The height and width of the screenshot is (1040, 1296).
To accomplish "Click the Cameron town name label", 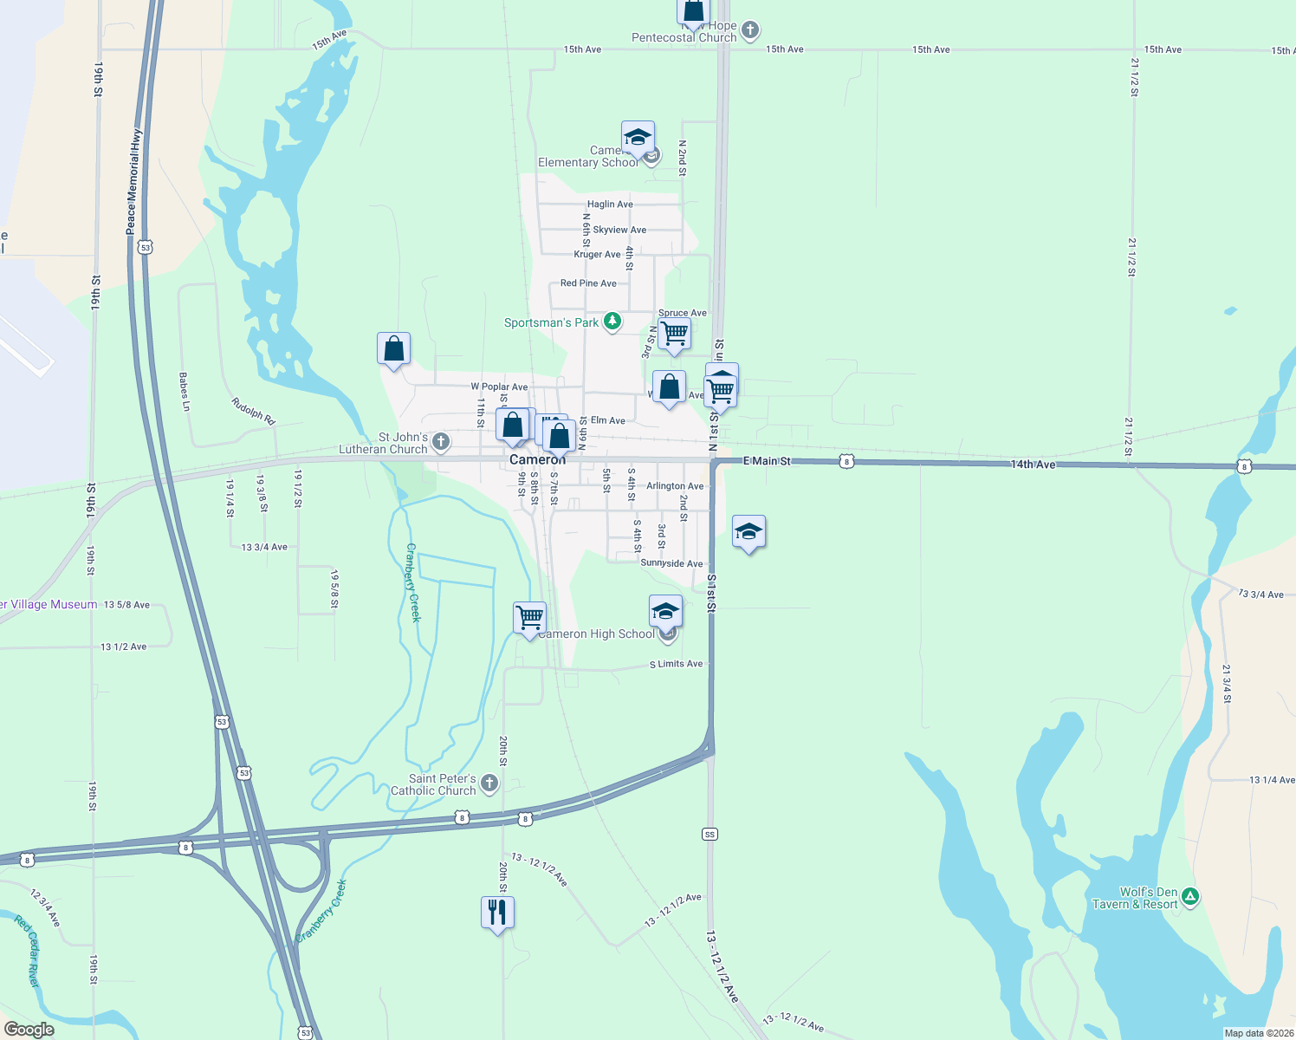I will tap(537, 459).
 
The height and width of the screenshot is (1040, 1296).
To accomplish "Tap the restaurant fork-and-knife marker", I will tap(497, 913).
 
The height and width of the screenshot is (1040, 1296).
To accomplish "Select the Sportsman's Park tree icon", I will tap(612, 322).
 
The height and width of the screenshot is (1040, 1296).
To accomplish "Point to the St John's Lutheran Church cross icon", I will tap(441, 443).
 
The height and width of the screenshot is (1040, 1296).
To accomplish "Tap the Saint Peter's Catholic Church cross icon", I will tap(489, 784).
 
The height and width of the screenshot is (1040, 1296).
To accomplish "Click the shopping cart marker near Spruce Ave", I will tap(674, 333).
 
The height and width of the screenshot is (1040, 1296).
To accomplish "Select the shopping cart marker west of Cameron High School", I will tap(529, 618).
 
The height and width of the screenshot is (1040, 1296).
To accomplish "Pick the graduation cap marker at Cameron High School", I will tap(664, 611).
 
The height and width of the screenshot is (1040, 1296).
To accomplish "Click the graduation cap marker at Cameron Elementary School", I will tap(638, 137).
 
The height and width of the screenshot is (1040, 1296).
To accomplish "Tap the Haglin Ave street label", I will tap(610, 205).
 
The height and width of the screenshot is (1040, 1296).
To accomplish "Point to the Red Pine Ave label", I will tap(588, 283).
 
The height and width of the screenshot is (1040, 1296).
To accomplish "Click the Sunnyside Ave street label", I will tap(671, 563).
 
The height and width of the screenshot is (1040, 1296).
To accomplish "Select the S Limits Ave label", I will tap(677, 664).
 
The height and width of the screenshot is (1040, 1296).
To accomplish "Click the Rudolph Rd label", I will tap(253, 411).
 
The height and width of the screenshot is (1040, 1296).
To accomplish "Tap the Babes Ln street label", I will tap(184, 392).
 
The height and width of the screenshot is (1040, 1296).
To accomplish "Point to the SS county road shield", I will tap(710, 835).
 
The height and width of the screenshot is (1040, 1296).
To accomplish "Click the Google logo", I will tap(29, 1030).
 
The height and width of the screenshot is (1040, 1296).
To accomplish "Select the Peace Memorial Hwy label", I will tap(132, 182).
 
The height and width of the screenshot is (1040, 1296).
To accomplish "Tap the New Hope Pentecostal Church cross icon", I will tap(750, 30).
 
